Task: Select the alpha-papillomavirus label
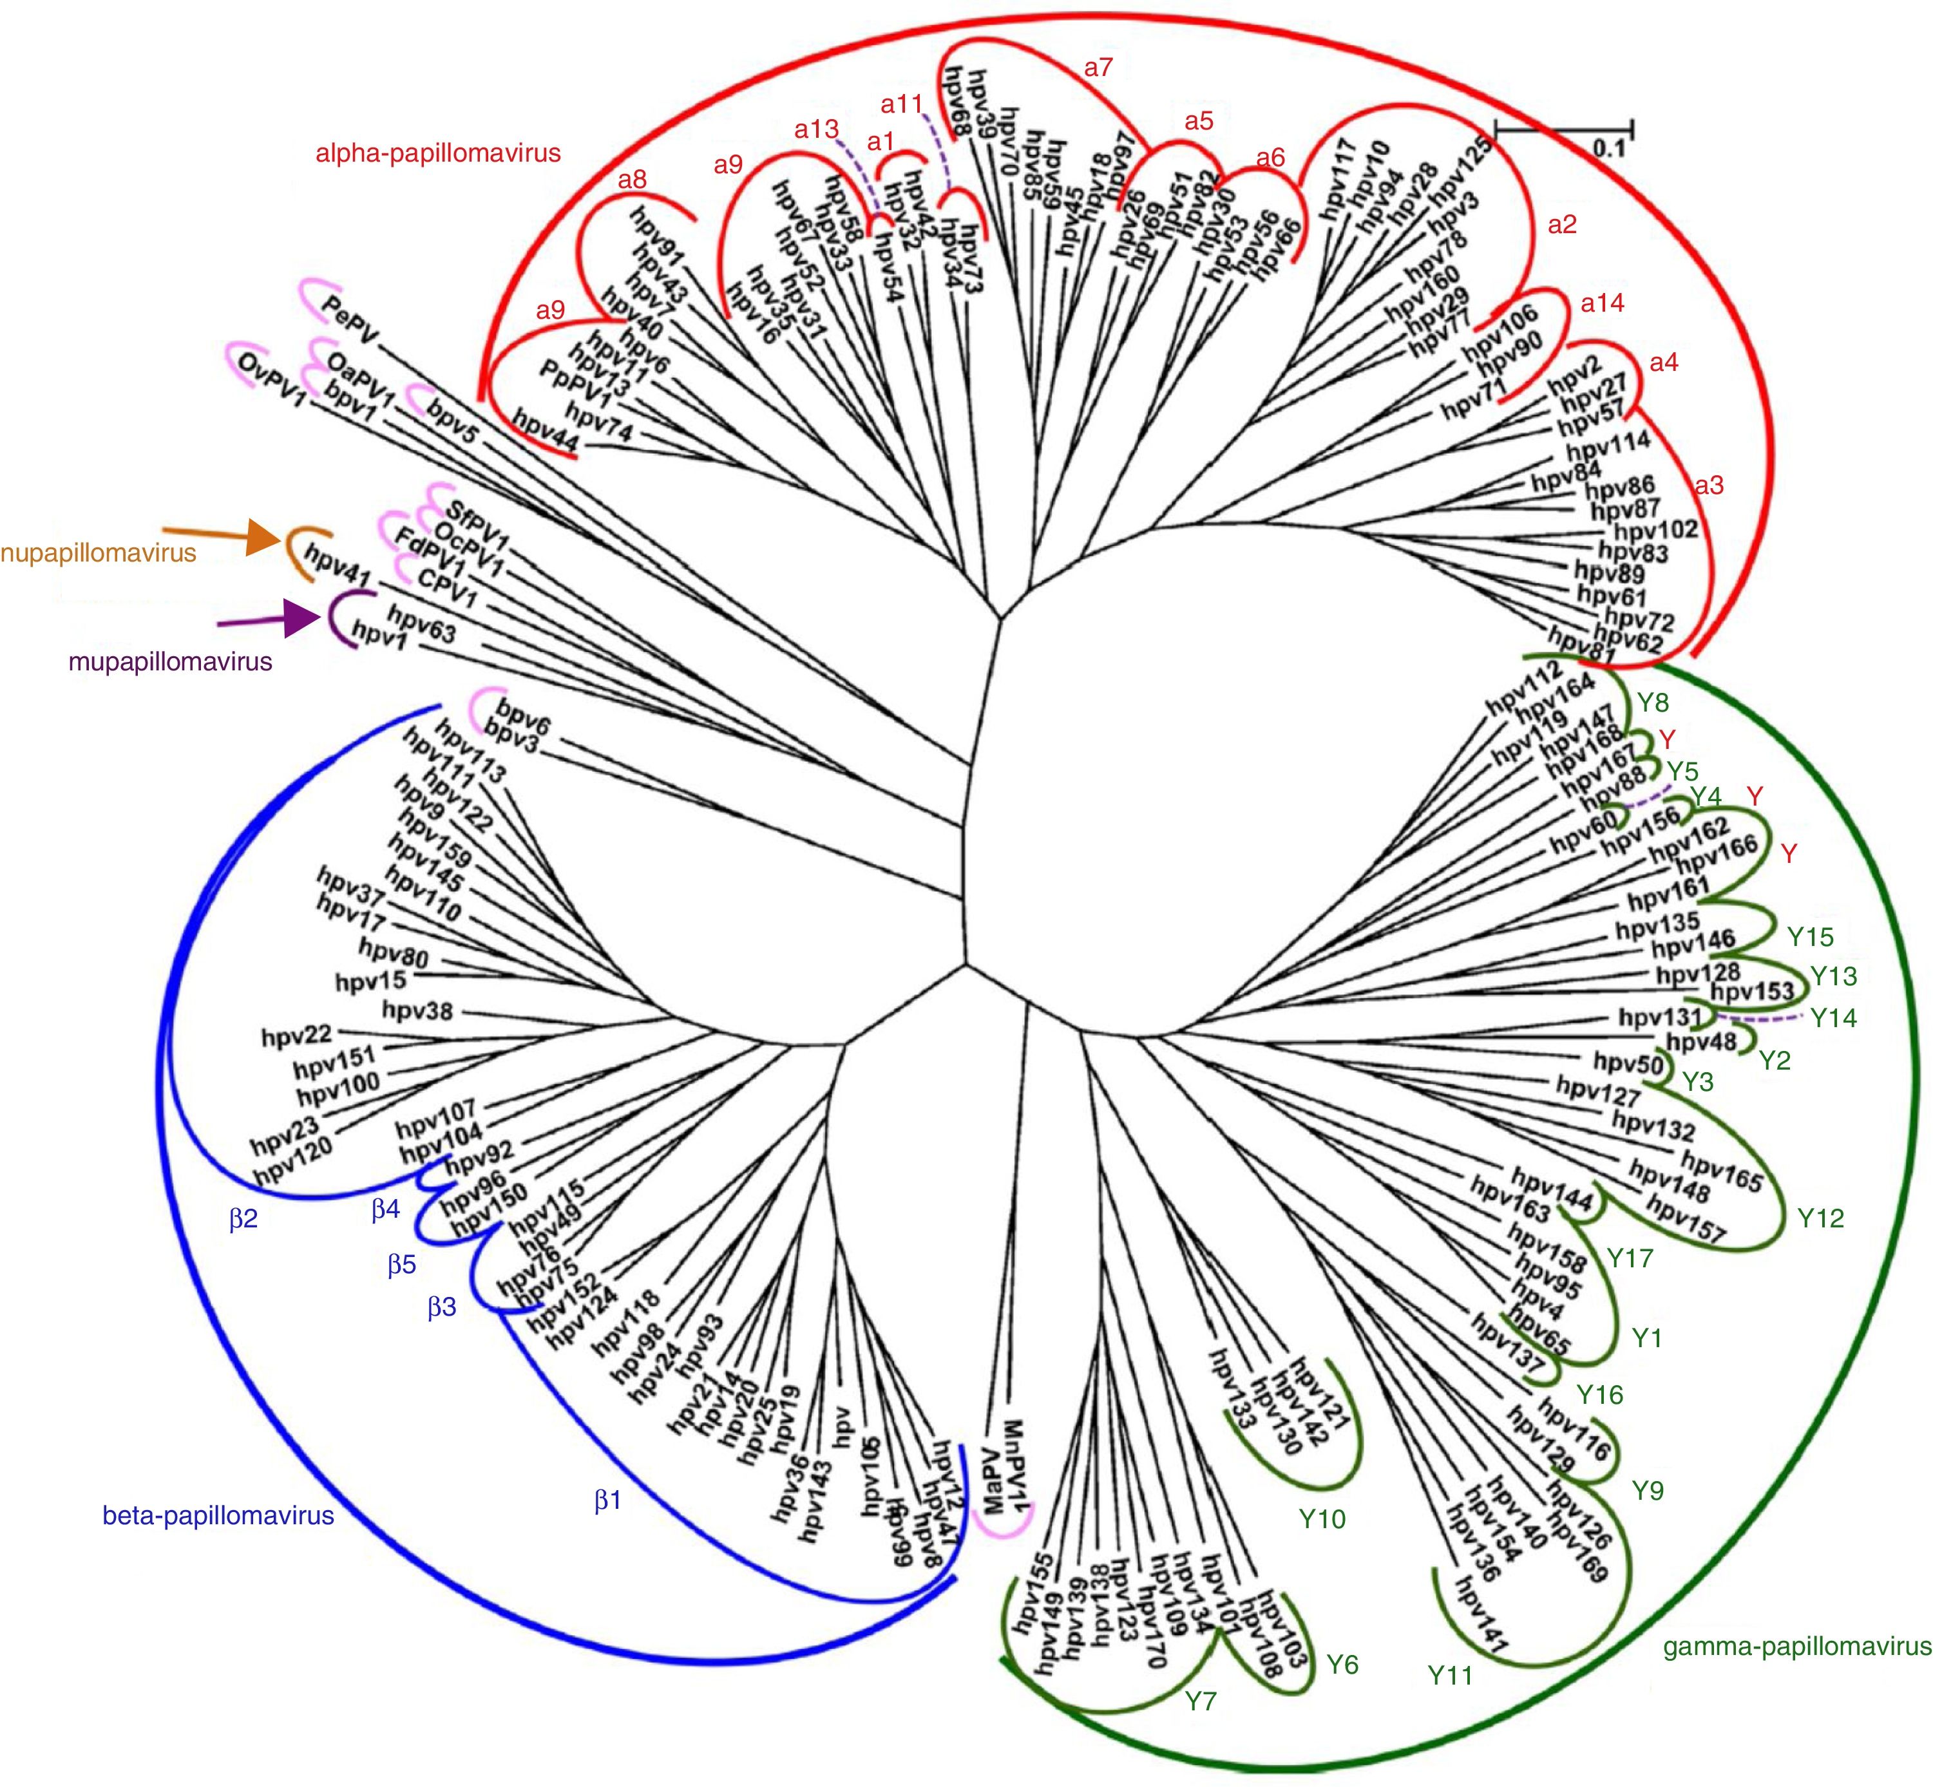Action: (x=438, y=153)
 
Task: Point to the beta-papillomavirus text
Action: (x=218, y=1515)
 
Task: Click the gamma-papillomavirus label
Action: (x=1796, y=1646)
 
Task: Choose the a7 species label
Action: (x=1098, y=68)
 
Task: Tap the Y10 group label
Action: (x=1322, y=1519)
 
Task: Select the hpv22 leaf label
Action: (x=296, y=1037)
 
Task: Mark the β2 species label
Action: (x=243, y=1220)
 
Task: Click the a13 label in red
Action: (x=816, y=129)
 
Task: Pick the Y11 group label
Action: (x=1451, y=1675)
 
